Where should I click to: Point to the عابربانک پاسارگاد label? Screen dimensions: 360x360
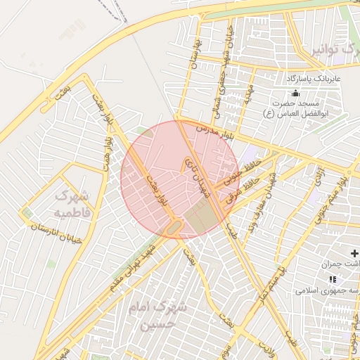[312, 79]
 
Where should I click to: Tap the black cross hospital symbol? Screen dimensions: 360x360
[354, 253]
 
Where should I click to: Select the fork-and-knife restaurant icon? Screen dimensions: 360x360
[332, 279]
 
